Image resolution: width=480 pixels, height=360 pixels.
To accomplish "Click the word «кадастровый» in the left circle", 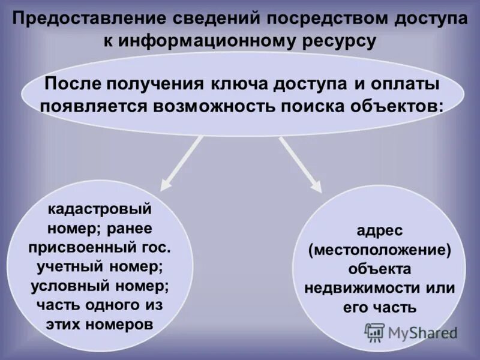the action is [100, 211].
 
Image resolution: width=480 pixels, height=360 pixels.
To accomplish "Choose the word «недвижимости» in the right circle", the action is [352, 288].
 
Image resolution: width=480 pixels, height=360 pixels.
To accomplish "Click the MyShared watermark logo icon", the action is [375, 332].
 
